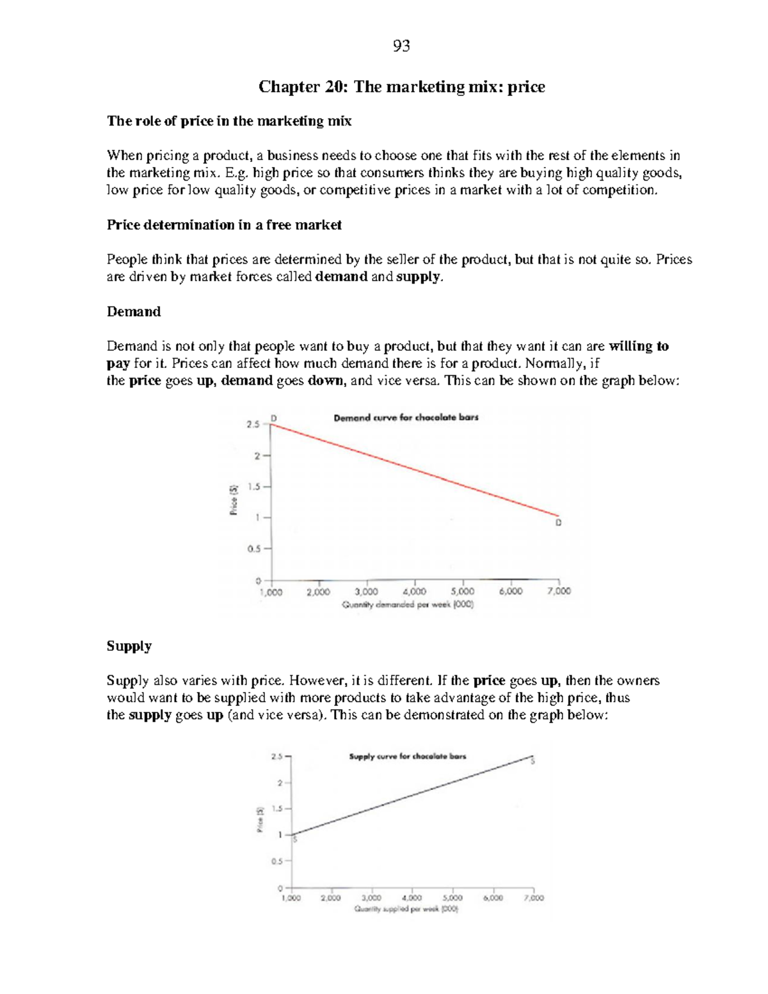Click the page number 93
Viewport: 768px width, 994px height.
click(401, 45)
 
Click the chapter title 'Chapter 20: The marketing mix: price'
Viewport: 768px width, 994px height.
click(401, 86)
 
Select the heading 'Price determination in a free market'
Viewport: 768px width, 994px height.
click(224, 225)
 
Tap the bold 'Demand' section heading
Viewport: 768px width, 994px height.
click(133, 312)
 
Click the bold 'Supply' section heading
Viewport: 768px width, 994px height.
click(129, 646)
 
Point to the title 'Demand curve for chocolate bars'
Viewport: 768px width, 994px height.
click(406, 417)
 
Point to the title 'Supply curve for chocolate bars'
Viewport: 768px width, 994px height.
click(407, 756)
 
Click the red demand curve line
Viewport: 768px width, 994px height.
click(416, 470)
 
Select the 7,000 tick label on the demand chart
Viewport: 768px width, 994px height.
click(559, 592)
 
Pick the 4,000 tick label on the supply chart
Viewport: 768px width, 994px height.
click(412, 898)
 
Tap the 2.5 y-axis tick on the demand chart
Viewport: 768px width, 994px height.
click(253, 424)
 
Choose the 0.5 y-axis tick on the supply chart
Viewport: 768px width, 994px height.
click(276, 861)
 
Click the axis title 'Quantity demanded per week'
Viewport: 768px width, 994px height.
click(408, 604)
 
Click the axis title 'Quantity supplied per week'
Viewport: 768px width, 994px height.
click(406, 909)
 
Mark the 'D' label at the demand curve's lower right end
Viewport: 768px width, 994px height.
click(558, 523)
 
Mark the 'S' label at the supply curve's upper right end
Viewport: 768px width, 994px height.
click(532, 761)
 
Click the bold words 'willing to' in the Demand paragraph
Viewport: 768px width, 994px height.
click(638, 346)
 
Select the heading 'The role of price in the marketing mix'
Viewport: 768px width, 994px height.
click(229, 121)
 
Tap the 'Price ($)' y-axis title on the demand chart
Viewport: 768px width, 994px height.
click(235, 499)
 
